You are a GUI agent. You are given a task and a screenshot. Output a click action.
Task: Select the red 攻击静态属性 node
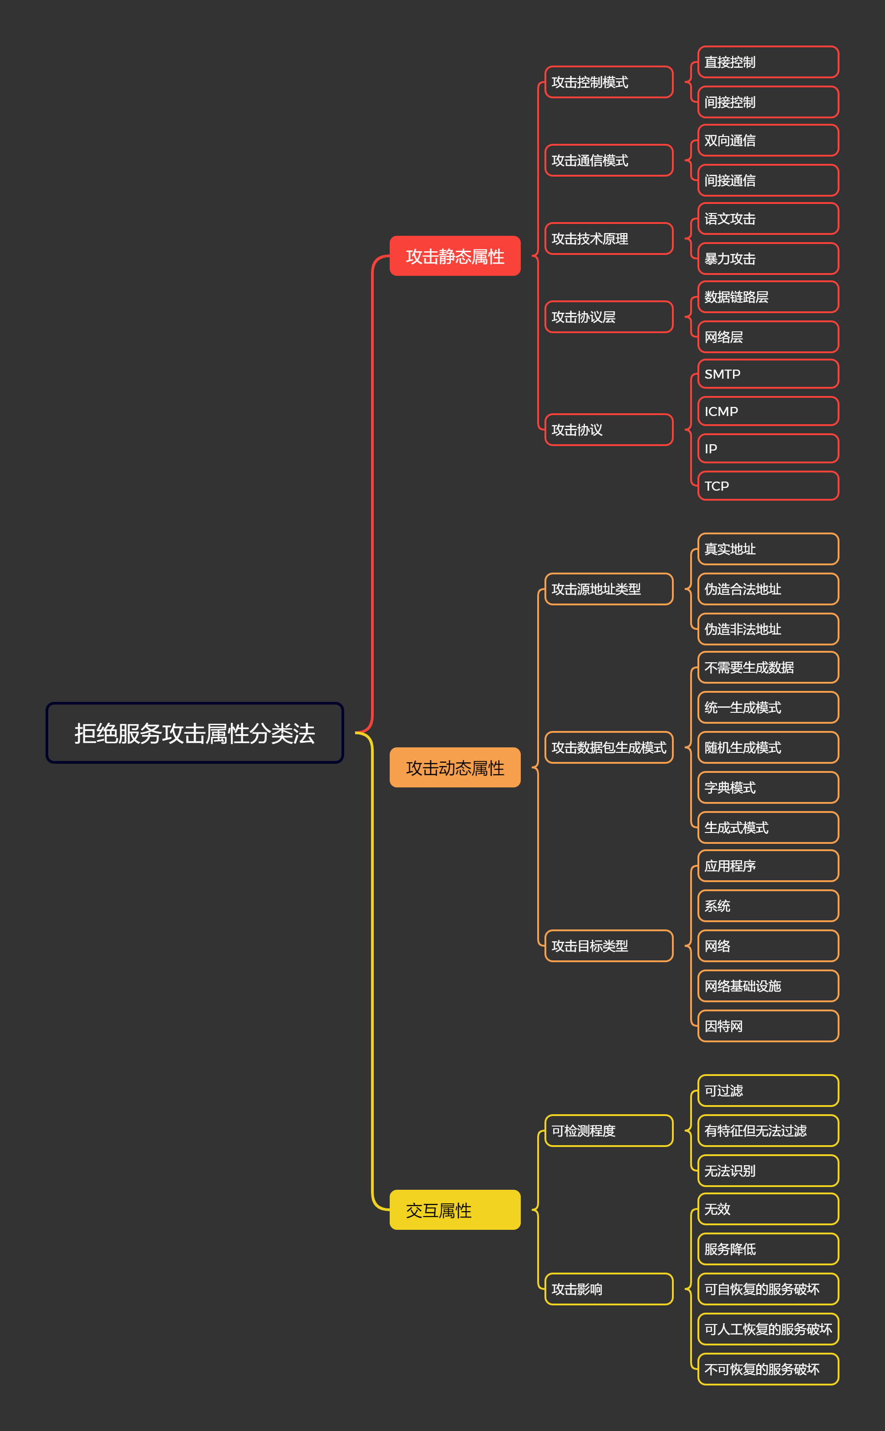click(x=455, y=256)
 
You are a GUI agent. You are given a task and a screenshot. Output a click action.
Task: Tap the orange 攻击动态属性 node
click(x=455, y=767)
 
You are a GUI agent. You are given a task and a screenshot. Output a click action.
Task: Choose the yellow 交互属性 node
click(x=455, y=1209)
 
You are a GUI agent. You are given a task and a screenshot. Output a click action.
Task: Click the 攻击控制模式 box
click(x=609, y=82)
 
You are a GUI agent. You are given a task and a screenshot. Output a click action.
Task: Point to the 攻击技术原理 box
click(x=609, y=238)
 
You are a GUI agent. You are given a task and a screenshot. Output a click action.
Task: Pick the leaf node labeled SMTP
click(x=768, y=374)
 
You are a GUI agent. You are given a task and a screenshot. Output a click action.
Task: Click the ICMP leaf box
click(x=768, y=411)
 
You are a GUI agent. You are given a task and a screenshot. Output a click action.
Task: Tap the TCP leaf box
click(x=768, y=486)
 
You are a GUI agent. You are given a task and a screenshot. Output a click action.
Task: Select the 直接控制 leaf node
click(x=768, y=62)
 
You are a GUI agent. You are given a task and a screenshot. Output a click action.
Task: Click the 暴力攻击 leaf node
click(x=768, y=259)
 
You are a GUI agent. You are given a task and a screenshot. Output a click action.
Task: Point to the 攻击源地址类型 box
click(x=609, y=589)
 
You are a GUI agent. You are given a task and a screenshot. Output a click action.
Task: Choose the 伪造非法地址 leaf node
click(x=768, y=629)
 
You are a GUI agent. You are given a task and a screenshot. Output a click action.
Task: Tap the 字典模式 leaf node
click(x=768, y=787)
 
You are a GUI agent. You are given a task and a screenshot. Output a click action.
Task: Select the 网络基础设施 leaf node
click(x=768, y=986)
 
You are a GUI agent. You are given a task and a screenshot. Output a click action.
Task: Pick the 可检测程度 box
click(x=609, y=1130)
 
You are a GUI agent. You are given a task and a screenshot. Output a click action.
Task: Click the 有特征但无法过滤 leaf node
click(x=768, y=1130)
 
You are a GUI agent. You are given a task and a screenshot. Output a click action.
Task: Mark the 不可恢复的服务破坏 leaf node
click(x=768, y=1369)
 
